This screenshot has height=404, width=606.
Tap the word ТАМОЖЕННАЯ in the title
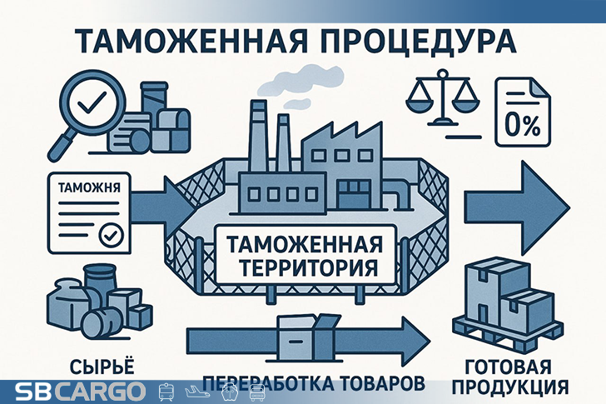click(192, 42)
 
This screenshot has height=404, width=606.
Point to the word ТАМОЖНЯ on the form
click(83, 187)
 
